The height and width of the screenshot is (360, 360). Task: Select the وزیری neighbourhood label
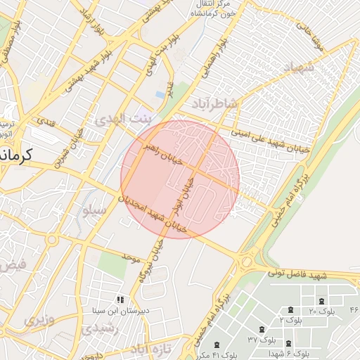pyautogui.click(x=39, y=320)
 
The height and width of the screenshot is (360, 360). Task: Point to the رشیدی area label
pyautogui.click(x=94, y=328)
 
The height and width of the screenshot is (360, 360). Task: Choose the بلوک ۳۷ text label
pyautogui.click(x=262, y=339)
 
